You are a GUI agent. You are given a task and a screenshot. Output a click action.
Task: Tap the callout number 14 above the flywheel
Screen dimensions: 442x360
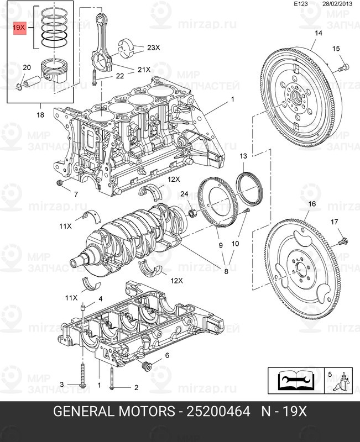(318, 34)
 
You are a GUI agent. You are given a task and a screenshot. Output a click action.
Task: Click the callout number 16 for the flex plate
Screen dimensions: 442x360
(312, 204)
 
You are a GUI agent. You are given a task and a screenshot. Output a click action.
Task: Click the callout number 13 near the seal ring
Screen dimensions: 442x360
(243, 157)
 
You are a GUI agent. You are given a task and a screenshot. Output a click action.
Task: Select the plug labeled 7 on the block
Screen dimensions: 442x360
(60, 183)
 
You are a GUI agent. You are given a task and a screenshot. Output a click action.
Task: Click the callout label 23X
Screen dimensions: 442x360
(154, 48)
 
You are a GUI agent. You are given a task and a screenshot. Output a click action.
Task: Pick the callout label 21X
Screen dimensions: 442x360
(144, 70)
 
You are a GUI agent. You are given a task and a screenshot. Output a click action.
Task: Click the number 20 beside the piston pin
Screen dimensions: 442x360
(27, 67)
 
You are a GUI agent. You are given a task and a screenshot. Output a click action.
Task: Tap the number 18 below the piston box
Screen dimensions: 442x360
(40, 115)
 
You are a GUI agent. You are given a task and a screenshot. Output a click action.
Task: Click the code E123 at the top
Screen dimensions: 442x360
(301, 4)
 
